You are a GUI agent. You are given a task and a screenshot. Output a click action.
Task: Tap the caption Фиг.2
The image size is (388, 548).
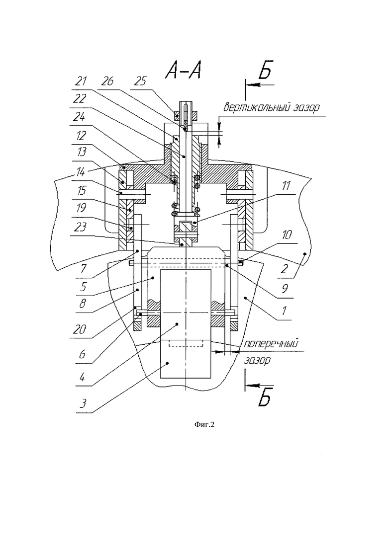coord(204,425)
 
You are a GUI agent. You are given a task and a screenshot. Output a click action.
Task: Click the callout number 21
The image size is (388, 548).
coord(81,81)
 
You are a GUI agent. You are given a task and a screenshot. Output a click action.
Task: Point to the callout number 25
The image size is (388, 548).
coord(140,81)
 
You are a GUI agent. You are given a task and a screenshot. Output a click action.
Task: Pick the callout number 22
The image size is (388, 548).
coord(80,98)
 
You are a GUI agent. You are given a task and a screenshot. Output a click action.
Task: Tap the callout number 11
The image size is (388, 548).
coord(287,185)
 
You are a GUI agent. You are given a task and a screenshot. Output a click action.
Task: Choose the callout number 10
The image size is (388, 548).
coord(287,234)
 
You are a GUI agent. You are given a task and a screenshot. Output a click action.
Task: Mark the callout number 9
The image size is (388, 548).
coord(285,288)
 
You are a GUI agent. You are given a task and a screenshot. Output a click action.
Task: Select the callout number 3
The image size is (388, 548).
coord(83,403)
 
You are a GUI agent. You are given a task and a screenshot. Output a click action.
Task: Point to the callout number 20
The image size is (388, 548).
coord(80,329)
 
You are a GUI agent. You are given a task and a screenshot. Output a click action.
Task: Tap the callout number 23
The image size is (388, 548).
coord(80,227)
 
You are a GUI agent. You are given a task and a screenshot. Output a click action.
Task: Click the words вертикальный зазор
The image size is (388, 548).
coord(272,107)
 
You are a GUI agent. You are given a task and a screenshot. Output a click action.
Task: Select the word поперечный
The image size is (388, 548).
coord(271,343)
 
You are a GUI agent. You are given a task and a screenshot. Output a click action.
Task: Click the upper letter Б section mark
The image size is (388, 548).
coord(265,71)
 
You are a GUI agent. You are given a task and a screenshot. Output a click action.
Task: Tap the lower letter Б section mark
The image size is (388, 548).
coord(265,397)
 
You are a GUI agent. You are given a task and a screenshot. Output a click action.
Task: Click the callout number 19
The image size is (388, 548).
coord(81,208)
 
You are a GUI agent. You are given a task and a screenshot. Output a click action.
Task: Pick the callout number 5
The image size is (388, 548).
coord(83,287)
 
